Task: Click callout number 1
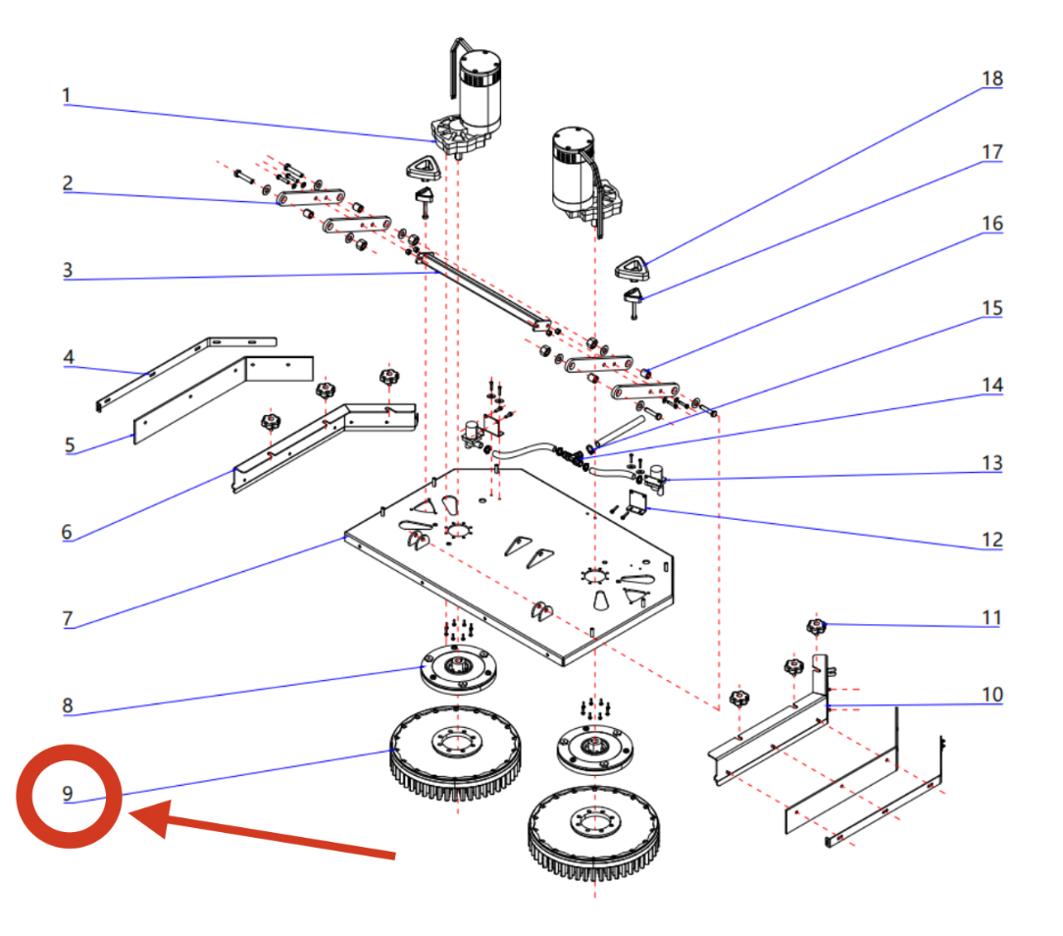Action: coord(66,95)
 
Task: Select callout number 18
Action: coord(992,79)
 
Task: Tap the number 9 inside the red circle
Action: coord(68,794)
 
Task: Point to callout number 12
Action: coord(992,540)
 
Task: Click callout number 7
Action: coord(67,618)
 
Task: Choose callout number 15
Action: coord(992,308)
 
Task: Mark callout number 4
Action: coord(69,357)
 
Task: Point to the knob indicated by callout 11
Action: coord(813,625)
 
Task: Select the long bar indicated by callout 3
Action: coord(481,289)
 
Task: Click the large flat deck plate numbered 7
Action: coord(510,569)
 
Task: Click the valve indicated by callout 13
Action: coord(652,480)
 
